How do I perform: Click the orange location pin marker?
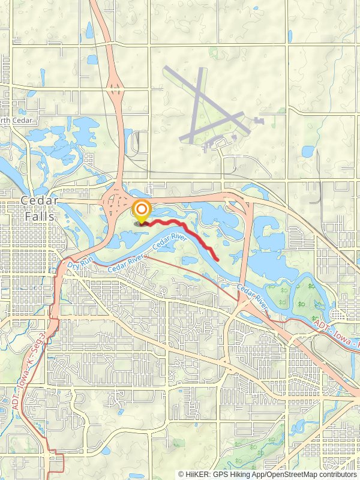[142, 211]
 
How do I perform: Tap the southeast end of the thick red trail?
[216, 259]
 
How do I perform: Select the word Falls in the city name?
[40, 217]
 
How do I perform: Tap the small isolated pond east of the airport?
[308, 151]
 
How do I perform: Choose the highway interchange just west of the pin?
[115, 204]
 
